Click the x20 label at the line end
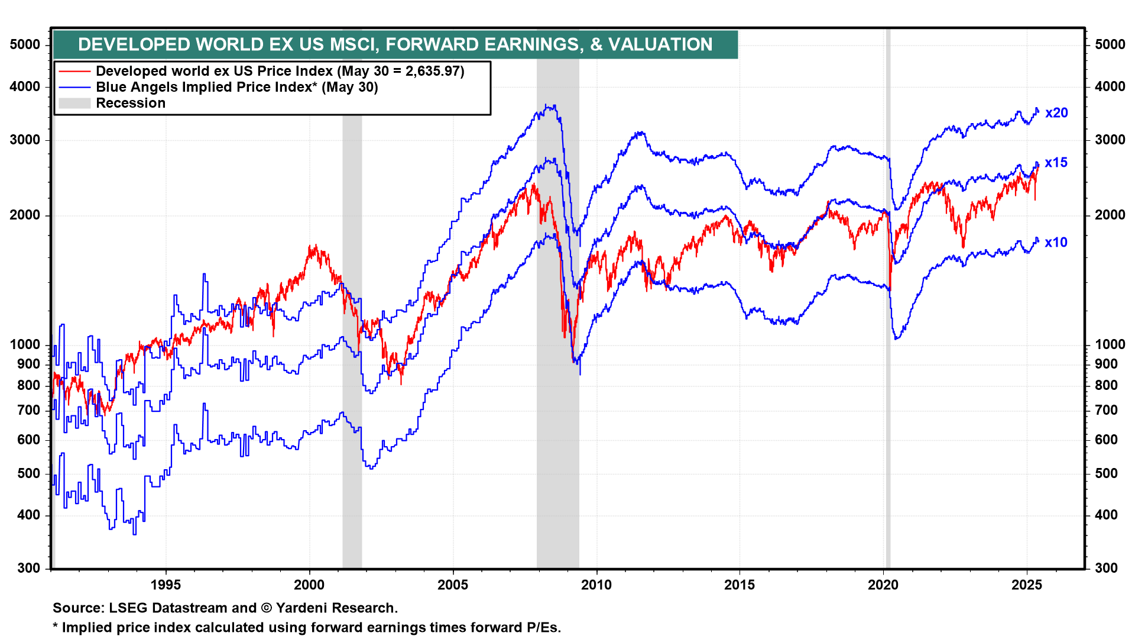pyautogui.click(x=1056, y=113)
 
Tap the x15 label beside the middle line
pyautogui.click(x=1056, y=163)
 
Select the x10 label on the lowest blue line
pyautogui.click(x=1056, y=243)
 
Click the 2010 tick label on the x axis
pyautogui.click(x=596, y=585)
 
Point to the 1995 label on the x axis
pyautogui.click(x=166, y=585)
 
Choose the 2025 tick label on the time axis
pyautogui.click(x=1027, y=585)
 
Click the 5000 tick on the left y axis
pyautogui.click(x=25, y=45)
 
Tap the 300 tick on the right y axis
pyautogui.click(x=1106, y=569)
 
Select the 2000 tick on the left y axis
pyautogui.click(x=25, y=215)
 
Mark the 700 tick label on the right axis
pyautogui.click(x=1106, y=410)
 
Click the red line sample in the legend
pyautogui.click(x=74, y=72)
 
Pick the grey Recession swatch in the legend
pyautogui.click(x=74, y=104)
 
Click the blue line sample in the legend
pyautogui.click(x=74, y=88)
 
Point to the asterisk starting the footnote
pyautogui.click(x=56, y=627)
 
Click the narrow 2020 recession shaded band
pyautogui.click(x=888, y=355)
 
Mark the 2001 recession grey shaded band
pyautogui.click(x=352, y=414)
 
